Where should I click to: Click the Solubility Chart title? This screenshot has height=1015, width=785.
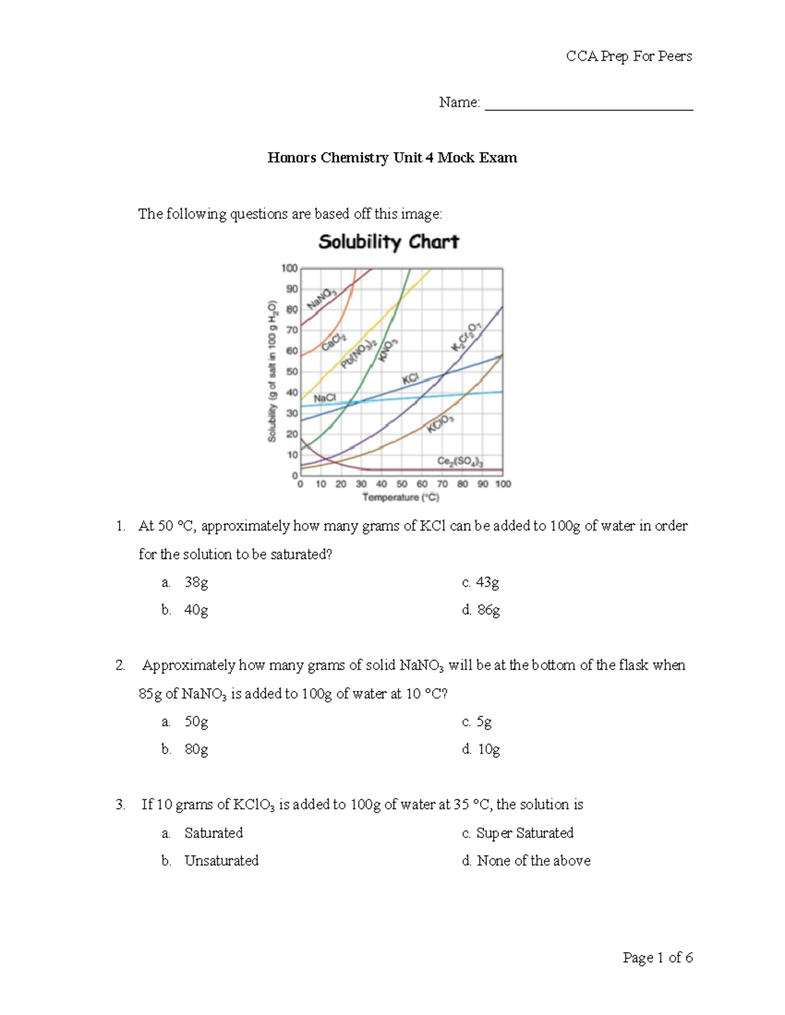point(389,242)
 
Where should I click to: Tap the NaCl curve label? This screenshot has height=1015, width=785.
point(324,397)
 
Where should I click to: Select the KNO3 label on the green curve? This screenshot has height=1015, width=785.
point(388,350)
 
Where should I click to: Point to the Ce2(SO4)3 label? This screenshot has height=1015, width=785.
point(460,461)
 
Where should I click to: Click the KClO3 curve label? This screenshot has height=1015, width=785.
point(440,424)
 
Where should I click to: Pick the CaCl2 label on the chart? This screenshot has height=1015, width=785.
point(334,341)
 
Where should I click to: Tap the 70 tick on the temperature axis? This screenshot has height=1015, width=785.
point(442,484)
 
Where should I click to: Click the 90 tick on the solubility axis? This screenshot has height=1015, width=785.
point(291,289)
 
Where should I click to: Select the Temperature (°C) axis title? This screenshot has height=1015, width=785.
point(400,498)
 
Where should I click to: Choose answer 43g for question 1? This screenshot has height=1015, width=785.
point(487,582)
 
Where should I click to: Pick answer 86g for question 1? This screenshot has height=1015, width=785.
point(488,610)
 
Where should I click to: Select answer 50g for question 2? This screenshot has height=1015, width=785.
point(196,722)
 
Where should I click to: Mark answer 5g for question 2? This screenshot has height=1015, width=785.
point(483,722)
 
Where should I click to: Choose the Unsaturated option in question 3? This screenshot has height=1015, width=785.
point(221,861)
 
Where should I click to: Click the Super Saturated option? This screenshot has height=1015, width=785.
point(525,833)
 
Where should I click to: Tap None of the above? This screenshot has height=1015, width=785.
point(533,861)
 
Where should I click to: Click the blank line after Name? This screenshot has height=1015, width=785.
point(588,105)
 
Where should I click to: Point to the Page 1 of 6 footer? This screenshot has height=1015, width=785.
point(657,957)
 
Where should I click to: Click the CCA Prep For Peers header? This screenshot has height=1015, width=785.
point(629,56)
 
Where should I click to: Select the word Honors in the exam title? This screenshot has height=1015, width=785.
point(292,158)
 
